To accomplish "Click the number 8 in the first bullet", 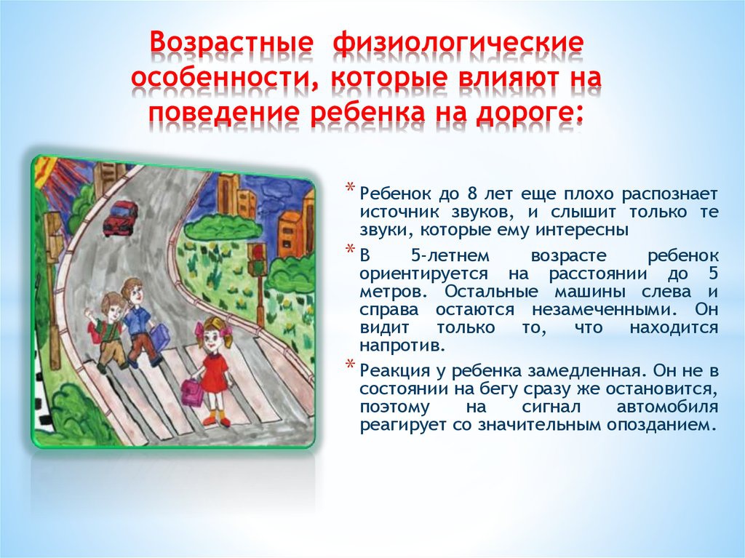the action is pyautogui.click(x=471, y=194).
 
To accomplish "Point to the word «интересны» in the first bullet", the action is pyautogui.click(x=581, y=230).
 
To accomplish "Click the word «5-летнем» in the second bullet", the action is pyautogui.click(x=449, y=256).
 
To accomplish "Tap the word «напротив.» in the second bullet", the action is pyautogui.click(x=402, y=346).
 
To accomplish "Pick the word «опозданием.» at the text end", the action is pyautogui.click(x=661, y=425).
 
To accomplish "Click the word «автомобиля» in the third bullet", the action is pyautogui.click(x=667, y=407).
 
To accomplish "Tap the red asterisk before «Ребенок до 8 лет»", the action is pyautogui.click(x=350, y=187).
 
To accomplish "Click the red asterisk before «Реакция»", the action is pyautogui.click(x=350, y=364).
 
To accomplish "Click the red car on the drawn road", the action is pyautogui.click(x=120, y=218).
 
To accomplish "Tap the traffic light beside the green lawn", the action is pyautogui.click(x=258, y=259).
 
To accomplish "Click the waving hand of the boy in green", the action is pyautogui.click(x=88, y=314).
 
